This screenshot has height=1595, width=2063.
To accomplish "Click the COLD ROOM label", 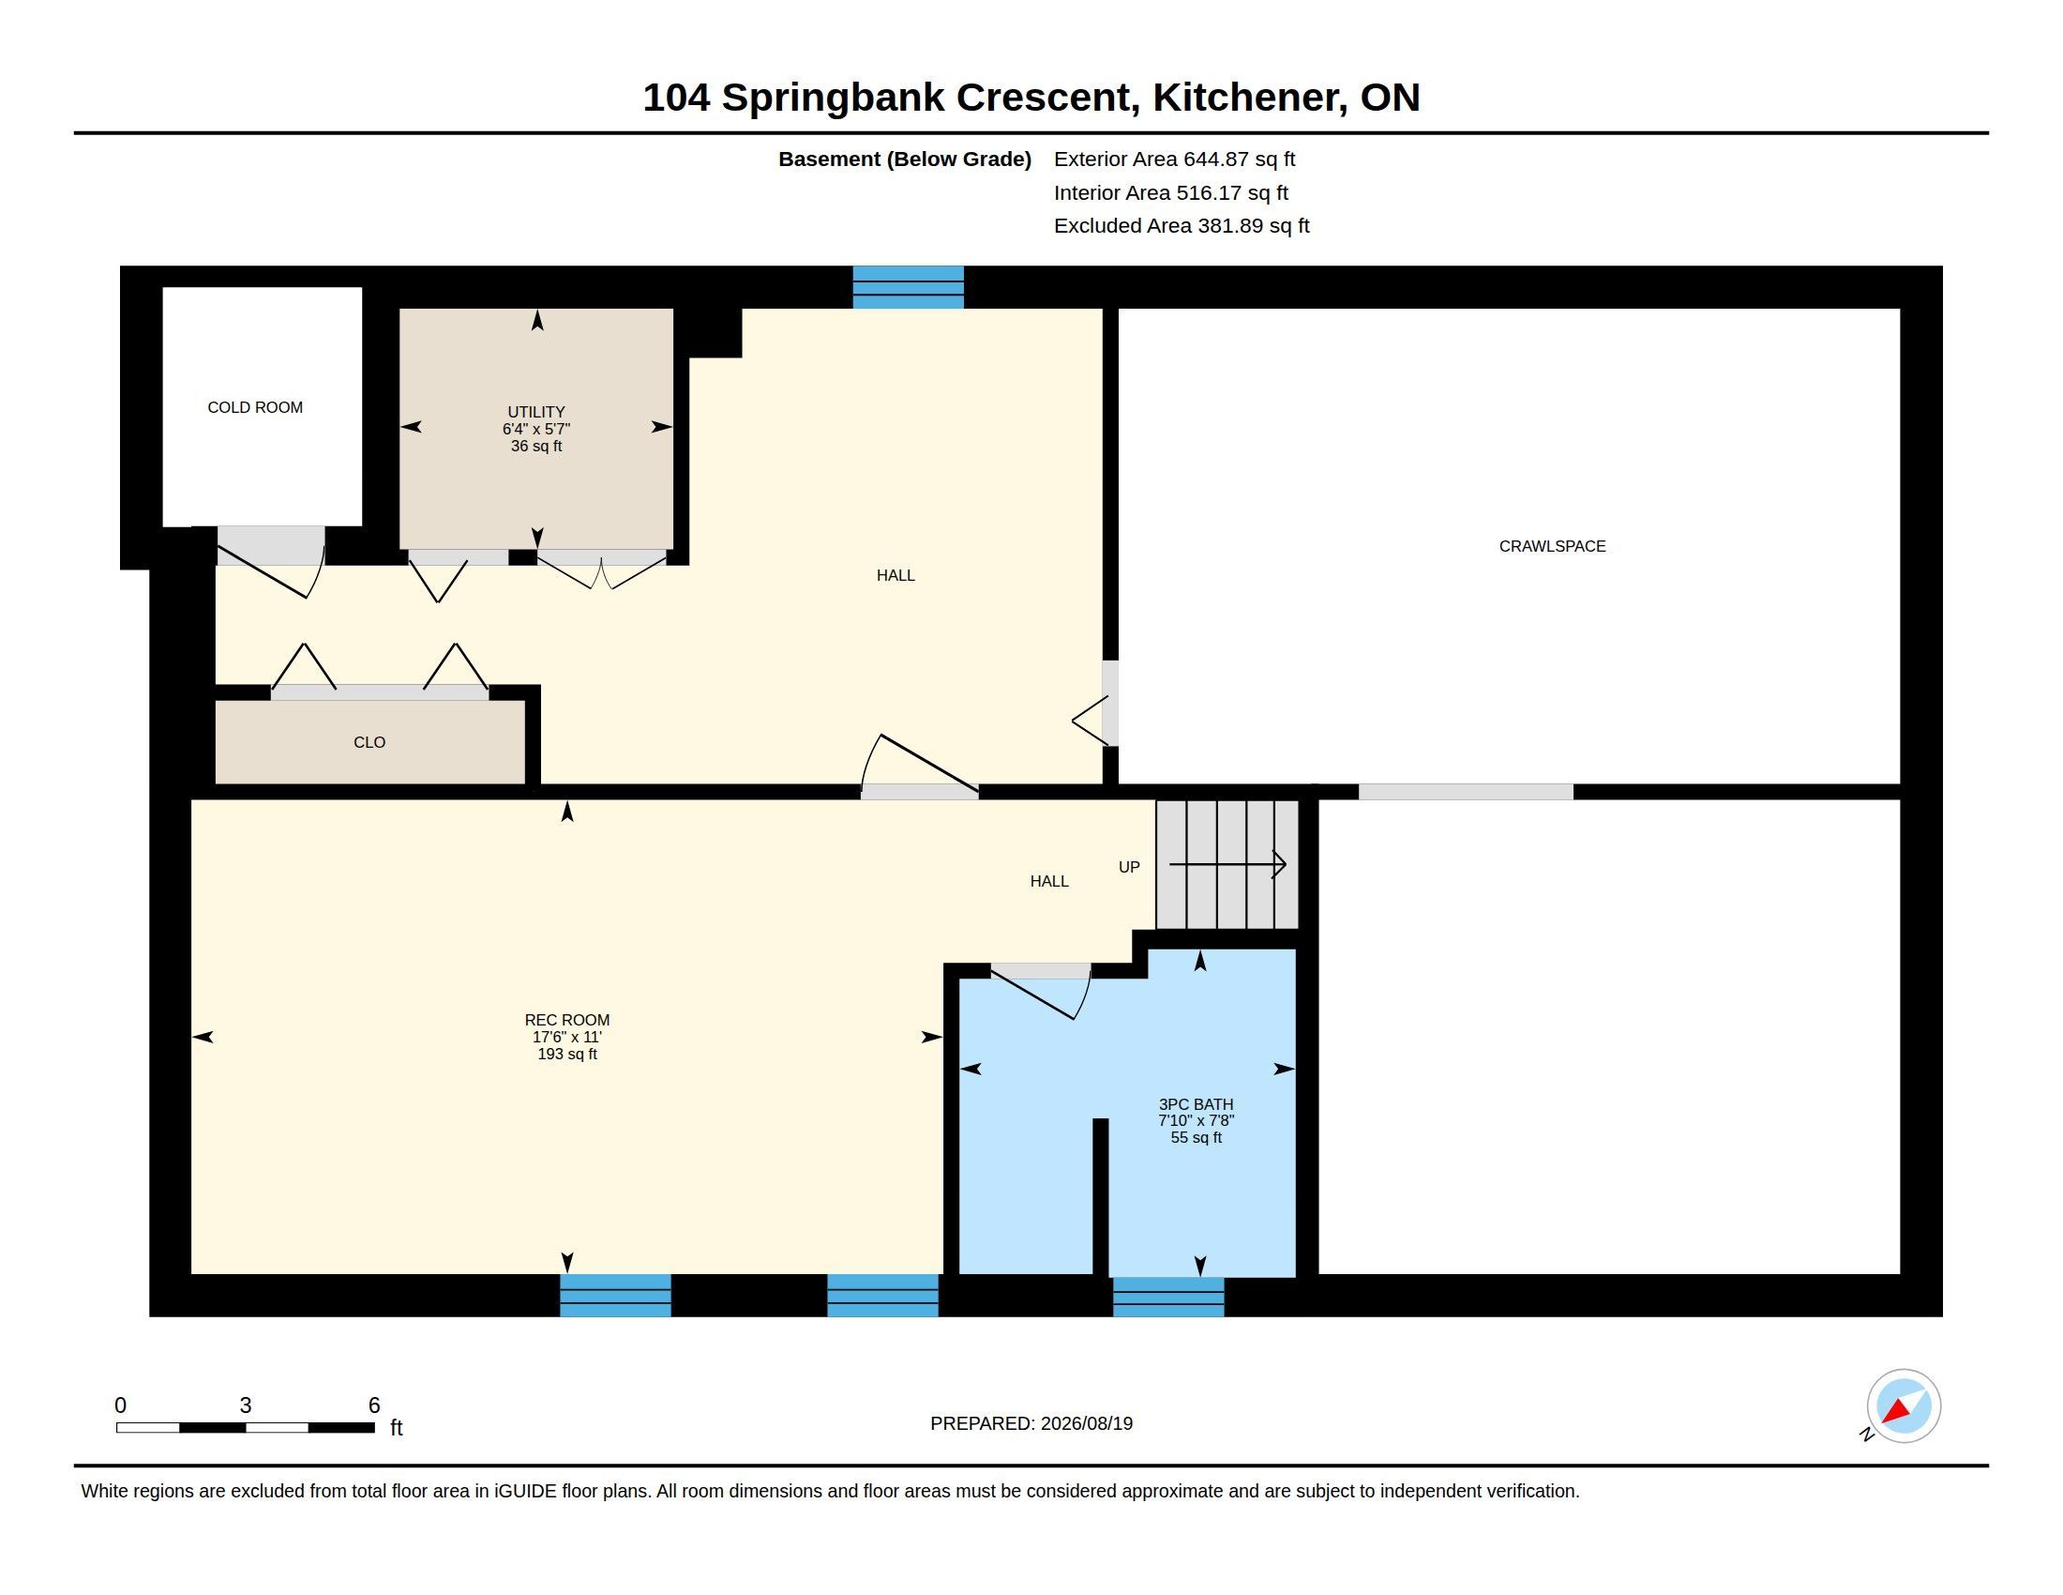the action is point(255,407).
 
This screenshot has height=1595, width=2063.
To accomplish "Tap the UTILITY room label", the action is point(536,412).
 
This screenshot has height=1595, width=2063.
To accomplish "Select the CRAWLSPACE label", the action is point(1552,546).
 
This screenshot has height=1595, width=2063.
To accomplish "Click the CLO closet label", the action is point(369,743).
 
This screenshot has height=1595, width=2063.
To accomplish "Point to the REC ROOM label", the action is point(566,1021).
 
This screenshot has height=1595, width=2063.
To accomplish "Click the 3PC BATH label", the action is point(1196,1104).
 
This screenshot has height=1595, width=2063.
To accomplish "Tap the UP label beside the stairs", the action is point(1129,868).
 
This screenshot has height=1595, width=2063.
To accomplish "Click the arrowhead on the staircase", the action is point(1279,865).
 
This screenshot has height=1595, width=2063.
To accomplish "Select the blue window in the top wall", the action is point(908,287).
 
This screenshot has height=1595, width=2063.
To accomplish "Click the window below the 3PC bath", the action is point(1168,1297).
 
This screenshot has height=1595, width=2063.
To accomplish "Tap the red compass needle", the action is point(1897,1412).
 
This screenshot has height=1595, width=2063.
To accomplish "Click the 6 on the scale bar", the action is point(374,1405).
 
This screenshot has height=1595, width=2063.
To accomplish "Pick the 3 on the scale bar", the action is point(246,1405).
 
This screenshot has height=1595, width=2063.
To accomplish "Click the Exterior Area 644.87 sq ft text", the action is point(1174,159).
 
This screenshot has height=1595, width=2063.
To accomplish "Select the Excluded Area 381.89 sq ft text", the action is point(1182,226).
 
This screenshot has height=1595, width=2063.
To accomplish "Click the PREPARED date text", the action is point(1031,1423).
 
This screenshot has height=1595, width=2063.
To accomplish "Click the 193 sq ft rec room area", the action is point(566,1055).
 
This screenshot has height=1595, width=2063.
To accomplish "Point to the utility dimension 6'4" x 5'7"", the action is point(536,429).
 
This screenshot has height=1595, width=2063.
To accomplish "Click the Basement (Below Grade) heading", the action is point(905,159).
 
